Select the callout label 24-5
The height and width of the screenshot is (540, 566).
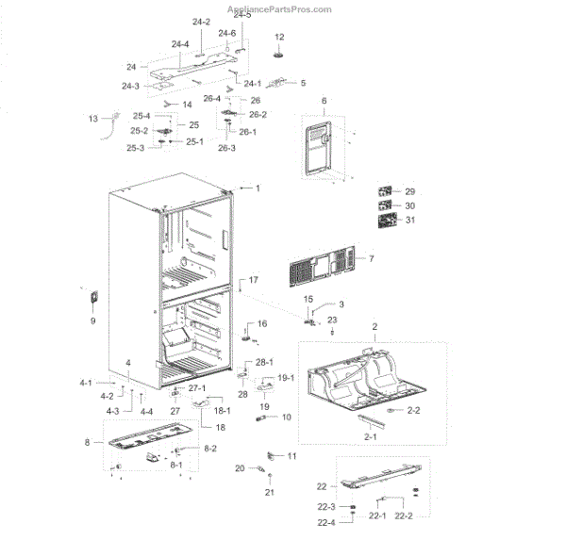coord(242,16)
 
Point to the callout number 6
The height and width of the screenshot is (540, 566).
coord(324,100)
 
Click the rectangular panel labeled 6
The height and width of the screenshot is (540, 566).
coord(317,145)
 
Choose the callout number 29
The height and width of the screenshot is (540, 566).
coord(409,191)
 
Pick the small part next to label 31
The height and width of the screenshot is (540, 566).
coord(386,221)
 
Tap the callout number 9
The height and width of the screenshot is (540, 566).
coord(92,321)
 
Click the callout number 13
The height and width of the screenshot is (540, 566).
coord(92,119)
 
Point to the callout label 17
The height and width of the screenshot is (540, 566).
coord(253,281)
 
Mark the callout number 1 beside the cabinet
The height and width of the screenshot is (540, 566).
coord(256,188)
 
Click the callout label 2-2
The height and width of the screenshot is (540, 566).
coord(414,411)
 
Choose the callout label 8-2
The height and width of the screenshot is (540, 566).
coord(210,449)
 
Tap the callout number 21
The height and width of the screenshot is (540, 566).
coord(269,493)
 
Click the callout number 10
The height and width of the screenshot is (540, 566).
coord(286,417)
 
